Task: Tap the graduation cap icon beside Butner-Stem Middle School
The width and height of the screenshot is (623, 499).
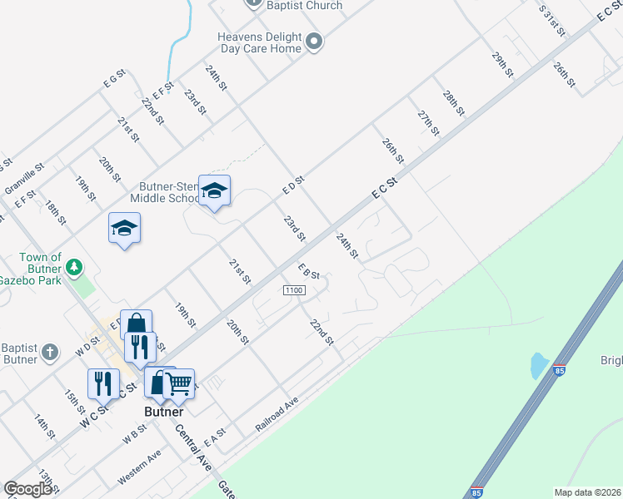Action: click(x=214, y=191)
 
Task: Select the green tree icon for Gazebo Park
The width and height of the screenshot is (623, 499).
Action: click(x=75, y=267)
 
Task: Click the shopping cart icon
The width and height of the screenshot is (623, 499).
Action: click(x=179, y=383)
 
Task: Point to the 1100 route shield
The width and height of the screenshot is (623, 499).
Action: click(x=295, y=289)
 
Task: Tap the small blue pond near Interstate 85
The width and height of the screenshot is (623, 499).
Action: click(x=539, y=364)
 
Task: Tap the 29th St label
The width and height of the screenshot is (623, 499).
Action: click(x=502, y=65)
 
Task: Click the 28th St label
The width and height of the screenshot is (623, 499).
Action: click(x=453, y=103)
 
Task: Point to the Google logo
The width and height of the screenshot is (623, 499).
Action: click(x=28, y=489)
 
